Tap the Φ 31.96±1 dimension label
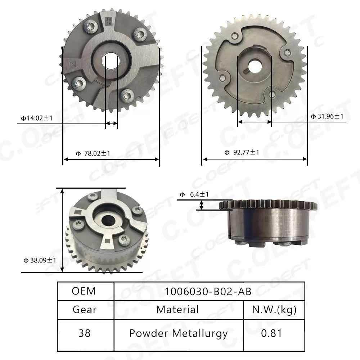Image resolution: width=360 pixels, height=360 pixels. pos(327,116)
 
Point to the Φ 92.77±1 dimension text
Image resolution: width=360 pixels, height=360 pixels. pos(242,153)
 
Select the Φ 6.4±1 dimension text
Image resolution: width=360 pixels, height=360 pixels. pos(194,195)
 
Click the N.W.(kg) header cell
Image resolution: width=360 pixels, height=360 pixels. pos(274,309)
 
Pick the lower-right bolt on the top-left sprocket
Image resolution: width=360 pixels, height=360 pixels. pos(128,96)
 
